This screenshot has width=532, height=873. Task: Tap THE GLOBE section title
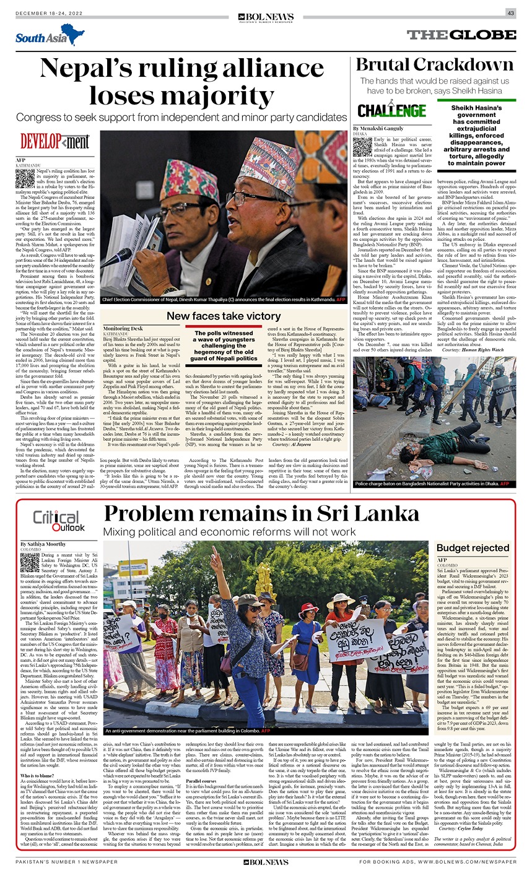[460, 35]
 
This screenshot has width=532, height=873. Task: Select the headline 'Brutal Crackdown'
[435, 65]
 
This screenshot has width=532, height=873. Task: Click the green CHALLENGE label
[391, 110]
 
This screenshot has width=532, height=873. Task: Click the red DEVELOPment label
[55, 142]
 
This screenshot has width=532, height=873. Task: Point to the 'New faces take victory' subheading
[224, 316]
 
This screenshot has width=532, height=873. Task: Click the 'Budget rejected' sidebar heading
[473, 548]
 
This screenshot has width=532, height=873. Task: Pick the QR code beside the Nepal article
[24, 178]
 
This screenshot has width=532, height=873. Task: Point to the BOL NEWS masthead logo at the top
[265, 18]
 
